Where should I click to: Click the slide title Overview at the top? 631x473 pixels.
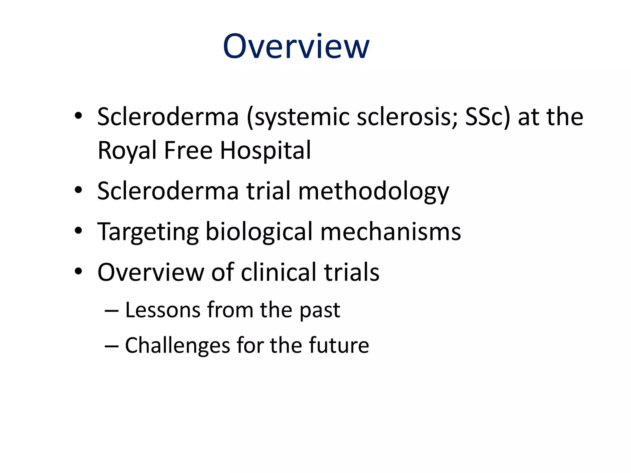coord(296,47)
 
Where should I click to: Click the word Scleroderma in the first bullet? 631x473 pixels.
coord(168,117)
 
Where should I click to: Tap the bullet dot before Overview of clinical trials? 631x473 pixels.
coord(79,271)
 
